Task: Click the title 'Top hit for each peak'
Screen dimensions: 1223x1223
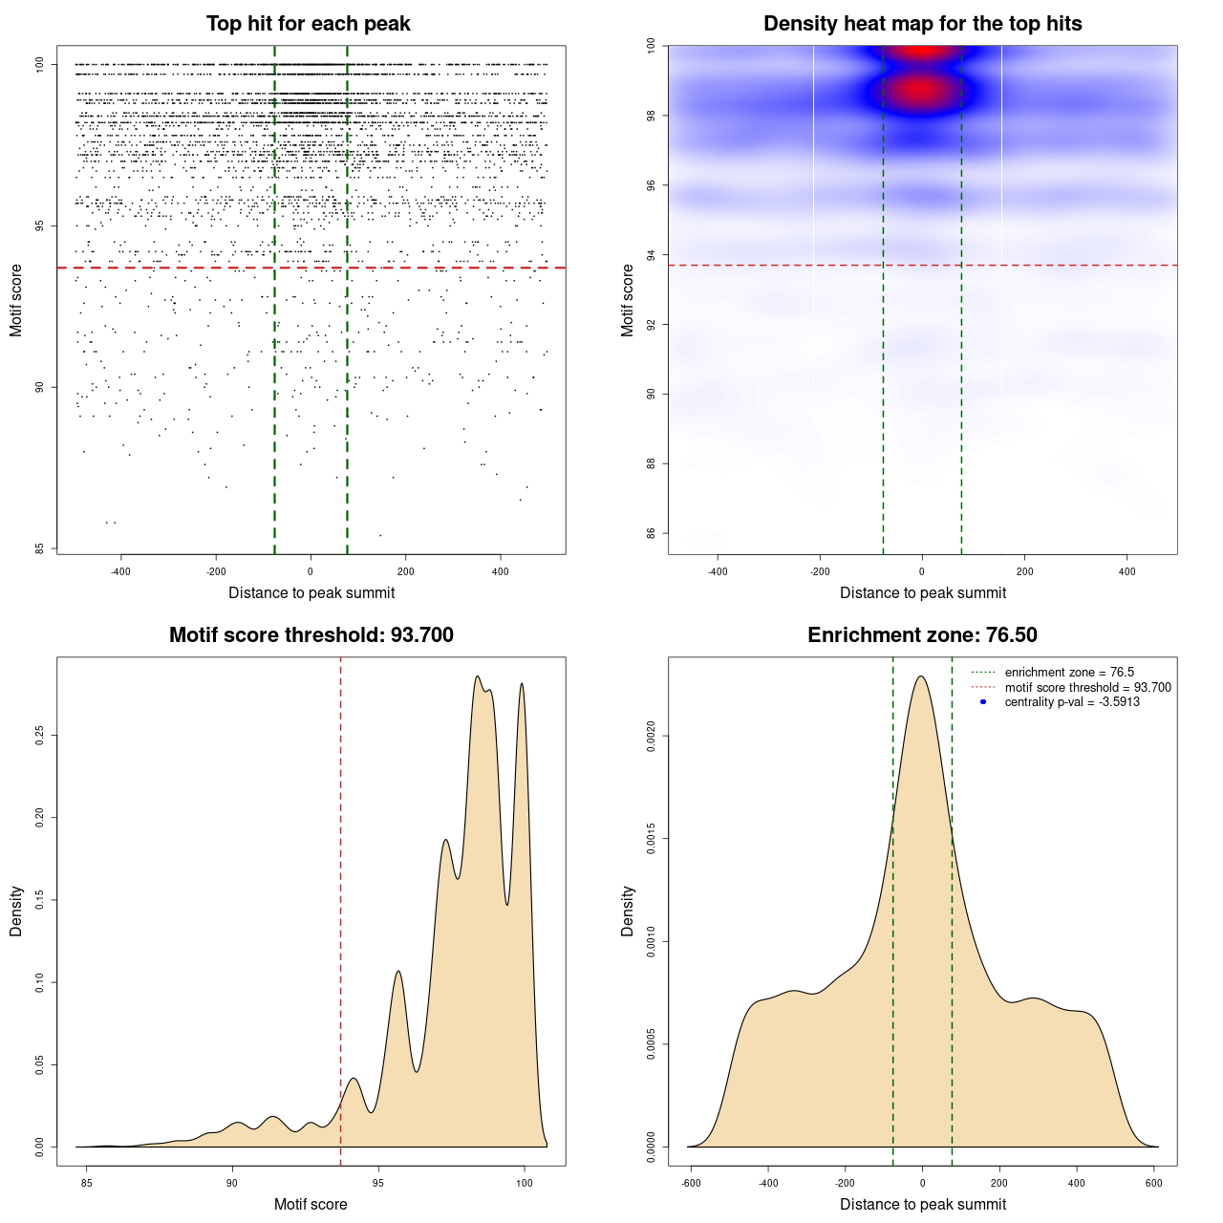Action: click(x=308, y=24)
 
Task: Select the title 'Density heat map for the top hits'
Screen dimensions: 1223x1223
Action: click(x=922, y=24)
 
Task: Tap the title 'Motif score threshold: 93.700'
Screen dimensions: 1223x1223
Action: click(x=311, y=635)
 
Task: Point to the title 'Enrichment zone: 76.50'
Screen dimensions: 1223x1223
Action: click(x=922, y=635)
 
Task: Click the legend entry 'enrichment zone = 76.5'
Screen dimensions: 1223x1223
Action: click(x=1069, y=673)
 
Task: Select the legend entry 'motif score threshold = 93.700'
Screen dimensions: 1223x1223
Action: click(x=1087, y=688)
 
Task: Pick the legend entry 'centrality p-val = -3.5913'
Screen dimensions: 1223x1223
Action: click(x=1072, y=702)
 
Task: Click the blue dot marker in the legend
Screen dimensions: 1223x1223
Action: click(x=982, y=702)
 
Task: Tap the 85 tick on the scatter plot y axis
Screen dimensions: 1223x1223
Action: click(x=40, y=548)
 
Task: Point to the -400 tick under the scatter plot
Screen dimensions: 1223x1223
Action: click(x=120, y=572)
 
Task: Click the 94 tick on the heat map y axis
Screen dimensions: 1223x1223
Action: click(x=651, y=255)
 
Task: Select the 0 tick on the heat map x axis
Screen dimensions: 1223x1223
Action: click(x=922, y=572)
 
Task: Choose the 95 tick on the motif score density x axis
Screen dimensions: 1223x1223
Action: click(x=378, y=1184)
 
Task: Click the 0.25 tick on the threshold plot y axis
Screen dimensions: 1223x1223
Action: click(x=40, y=735)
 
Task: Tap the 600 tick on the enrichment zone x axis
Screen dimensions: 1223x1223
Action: click(x=1153, y=1184)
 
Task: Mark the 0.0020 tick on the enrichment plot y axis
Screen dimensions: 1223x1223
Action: click(x=651, y=737)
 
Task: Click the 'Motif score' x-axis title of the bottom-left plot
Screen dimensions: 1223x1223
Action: click(x=311, y=1204)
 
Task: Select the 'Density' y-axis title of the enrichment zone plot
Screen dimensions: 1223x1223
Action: click(x=628, y=911)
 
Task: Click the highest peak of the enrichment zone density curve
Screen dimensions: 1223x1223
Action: click(x=921, y=676)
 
